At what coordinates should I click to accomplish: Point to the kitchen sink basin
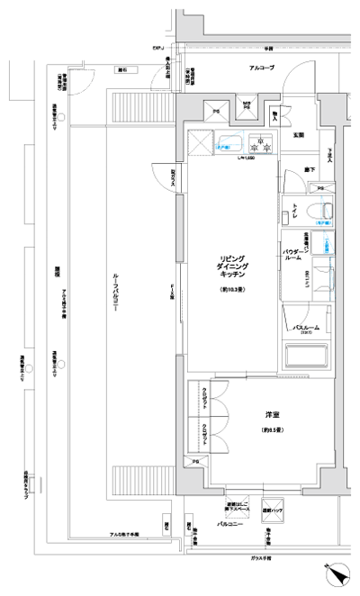(229, 140)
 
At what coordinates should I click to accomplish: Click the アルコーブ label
(262, 68)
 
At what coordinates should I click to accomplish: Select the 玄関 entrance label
(298, 135)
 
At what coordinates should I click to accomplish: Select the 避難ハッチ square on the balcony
(272, 510)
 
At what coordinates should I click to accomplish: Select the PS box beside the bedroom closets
(195, 462)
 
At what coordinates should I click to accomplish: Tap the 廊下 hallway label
(310, 169)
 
